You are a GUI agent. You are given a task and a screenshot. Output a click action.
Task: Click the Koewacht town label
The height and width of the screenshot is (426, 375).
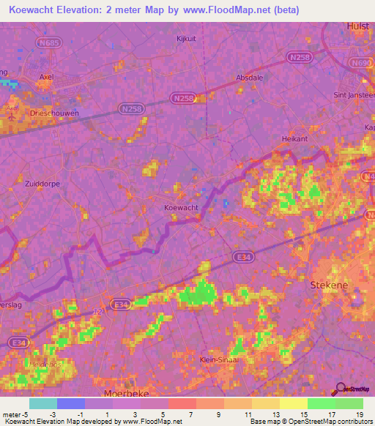pos(181,208)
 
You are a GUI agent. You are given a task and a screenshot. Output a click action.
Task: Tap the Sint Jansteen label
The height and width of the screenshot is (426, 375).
pos(354,95)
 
